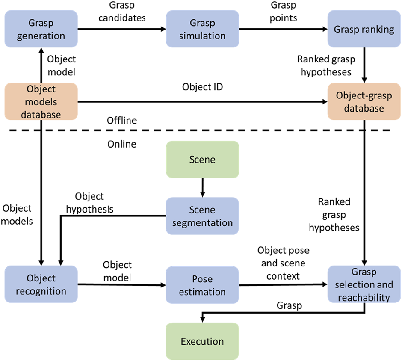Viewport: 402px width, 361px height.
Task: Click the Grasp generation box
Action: pyautogui.click(x=41, y=29)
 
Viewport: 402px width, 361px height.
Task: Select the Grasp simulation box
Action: pyautogui.click(x=203, y=29)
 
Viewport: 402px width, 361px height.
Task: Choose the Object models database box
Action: pyautogui.click(x=41, y=102)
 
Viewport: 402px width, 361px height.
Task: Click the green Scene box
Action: pyautogui.click(x=203, y=160)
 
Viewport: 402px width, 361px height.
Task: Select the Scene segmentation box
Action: pyautogui.click(x=203, y=216)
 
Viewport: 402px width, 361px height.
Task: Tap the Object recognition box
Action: pyautogui.click(x=41, y=285)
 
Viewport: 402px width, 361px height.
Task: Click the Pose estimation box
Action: pyautogui.click(x=203, y=285)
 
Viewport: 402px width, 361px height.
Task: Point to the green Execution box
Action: pyautogui.click(x=203, y=341)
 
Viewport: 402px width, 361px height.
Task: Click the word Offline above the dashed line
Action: pyautogui.click(x=122, y=121)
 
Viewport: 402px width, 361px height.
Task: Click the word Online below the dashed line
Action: pyautogui.click(x=122, y=144)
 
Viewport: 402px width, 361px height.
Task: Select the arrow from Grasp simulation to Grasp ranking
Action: pyautogui.click(x=283, y=29)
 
